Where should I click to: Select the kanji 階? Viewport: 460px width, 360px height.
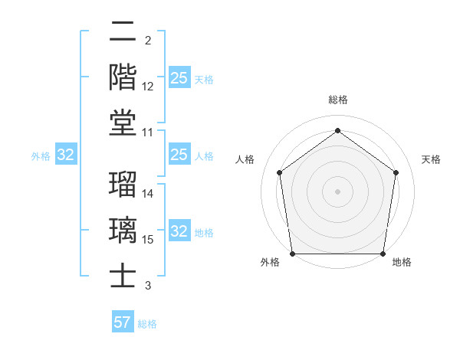tap(123, 77)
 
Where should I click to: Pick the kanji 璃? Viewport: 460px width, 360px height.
tap(123, 230)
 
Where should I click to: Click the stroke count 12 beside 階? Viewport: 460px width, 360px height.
tap(148, 87)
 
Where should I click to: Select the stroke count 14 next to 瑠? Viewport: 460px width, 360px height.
tap(148, 195)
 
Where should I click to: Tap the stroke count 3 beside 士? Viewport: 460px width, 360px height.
tap(147, 286)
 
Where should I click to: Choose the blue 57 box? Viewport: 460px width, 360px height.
tap(122, 322)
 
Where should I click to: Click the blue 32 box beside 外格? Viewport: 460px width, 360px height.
tap(65, 155)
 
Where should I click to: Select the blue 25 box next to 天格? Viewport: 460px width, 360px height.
tap(179, 78)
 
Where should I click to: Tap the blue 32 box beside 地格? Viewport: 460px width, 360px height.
tap(179, 232)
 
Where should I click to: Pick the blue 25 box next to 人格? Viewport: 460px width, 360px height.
tap(179, 155)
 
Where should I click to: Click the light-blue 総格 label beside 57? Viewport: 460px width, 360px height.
tap(147, 324)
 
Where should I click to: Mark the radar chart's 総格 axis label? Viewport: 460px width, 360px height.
tap(337, 100)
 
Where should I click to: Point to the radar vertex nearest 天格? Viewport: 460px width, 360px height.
tap(396, 172)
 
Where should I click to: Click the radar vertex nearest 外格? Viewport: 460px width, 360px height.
tap(292, 253)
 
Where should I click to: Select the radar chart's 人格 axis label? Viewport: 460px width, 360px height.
tap(245, 159)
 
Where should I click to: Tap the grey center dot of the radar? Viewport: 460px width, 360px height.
tap(337, 191)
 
